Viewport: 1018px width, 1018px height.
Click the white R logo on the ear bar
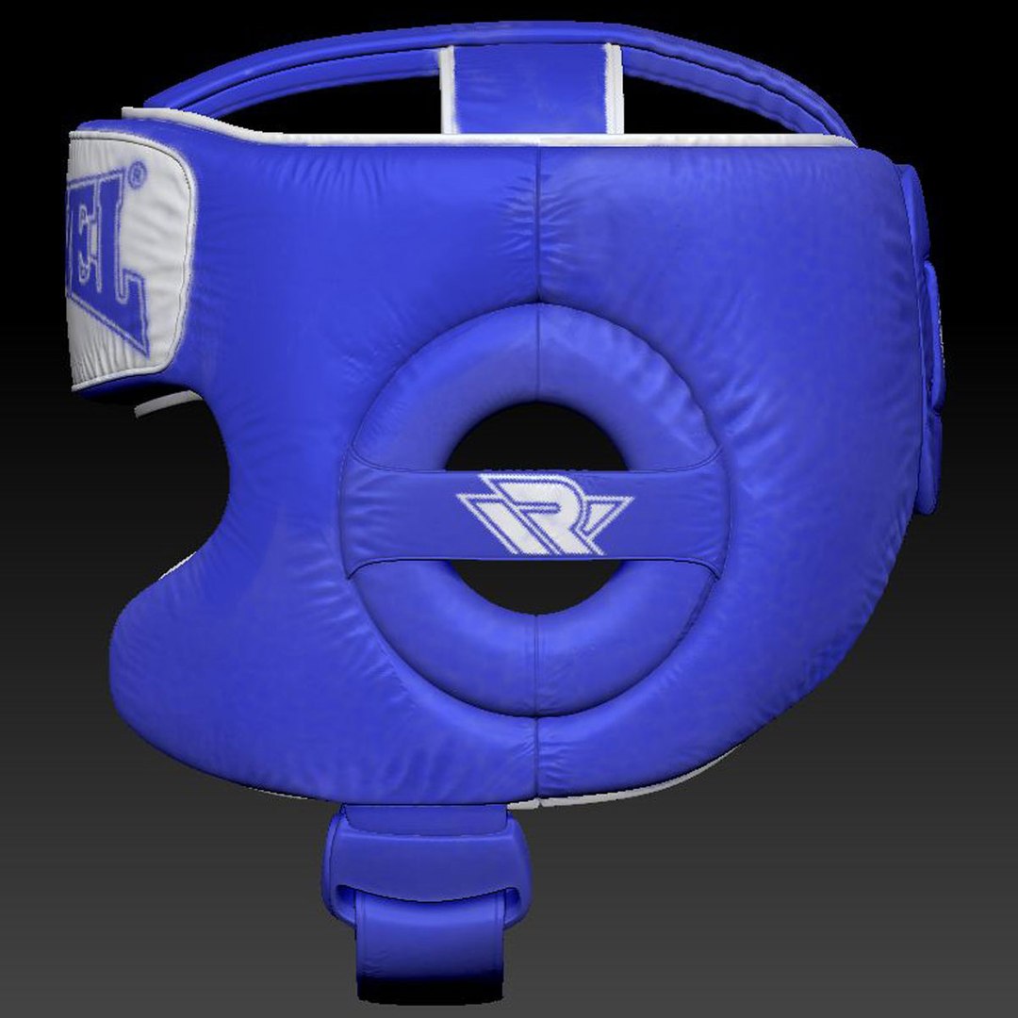point(543,514)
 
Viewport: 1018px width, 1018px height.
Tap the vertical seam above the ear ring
point(538,226)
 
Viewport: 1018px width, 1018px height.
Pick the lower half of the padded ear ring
point(537,660)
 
